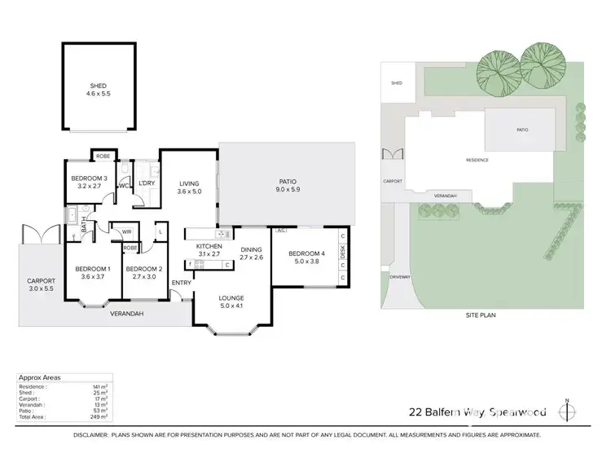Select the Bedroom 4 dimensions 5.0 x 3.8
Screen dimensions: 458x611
(x=306, y=262)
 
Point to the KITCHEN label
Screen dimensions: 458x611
(x=209, y=246)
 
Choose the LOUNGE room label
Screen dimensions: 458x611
(x=231, y=299)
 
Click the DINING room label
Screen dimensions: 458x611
(x=252, y=249)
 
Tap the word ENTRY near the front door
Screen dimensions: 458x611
(x=181, y=283)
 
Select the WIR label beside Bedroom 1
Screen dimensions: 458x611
(x=127, y=232)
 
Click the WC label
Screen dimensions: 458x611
(x=125, y=185)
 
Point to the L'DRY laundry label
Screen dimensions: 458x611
(x=147, y=183)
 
